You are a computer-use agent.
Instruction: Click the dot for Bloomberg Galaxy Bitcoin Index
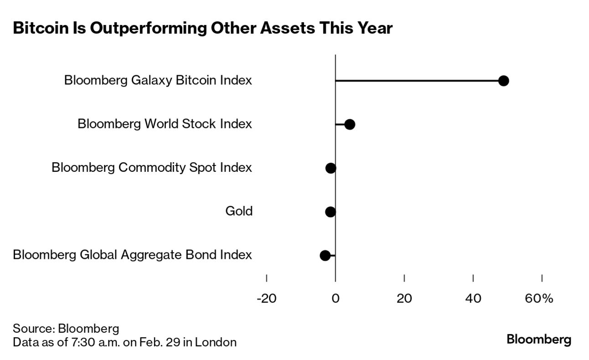coord(504,81)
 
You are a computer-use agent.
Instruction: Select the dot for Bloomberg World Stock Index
coord(350,124)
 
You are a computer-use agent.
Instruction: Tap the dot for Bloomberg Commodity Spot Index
coord(331,168)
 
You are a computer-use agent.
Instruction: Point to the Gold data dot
coord(331,211)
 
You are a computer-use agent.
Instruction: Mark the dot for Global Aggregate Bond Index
coord(325,255)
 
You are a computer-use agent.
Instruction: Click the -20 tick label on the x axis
coord(266,298)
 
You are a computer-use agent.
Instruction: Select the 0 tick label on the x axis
coord(336,298)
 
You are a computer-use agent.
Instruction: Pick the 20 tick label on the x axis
coord(404,298)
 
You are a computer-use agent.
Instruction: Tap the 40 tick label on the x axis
coord(473,298)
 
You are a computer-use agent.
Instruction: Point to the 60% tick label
coord(539,298)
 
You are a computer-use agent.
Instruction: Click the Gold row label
coord(239,211)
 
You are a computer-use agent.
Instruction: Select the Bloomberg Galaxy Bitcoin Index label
coord(158,80)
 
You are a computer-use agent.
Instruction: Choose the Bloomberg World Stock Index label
coord(165,124)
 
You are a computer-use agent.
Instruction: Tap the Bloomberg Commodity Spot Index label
coord(152,168)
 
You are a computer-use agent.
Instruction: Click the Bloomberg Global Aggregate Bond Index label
coord(132,255)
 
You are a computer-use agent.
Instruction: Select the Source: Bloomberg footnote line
coord(66,329)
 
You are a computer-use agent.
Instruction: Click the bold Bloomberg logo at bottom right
coord(539,339)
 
